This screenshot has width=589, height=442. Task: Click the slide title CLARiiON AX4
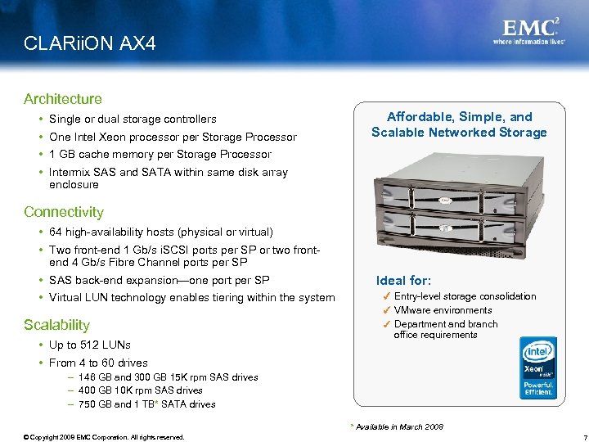(89, 43)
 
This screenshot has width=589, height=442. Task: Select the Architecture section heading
(63, 99)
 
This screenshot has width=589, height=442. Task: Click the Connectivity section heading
(64, 212)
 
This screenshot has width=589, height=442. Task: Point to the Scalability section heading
(56, 325)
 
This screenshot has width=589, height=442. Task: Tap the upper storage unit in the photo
(446, 193)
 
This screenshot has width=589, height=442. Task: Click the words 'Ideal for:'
(403, 280)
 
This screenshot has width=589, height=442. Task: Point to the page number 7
(575, 436)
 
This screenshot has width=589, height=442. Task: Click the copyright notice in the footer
(105, 436)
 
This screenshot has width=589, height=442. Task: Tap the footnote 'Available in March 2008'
(398, 426)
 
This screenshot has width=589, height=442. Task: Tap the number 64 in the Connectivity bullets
(56, 232)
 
